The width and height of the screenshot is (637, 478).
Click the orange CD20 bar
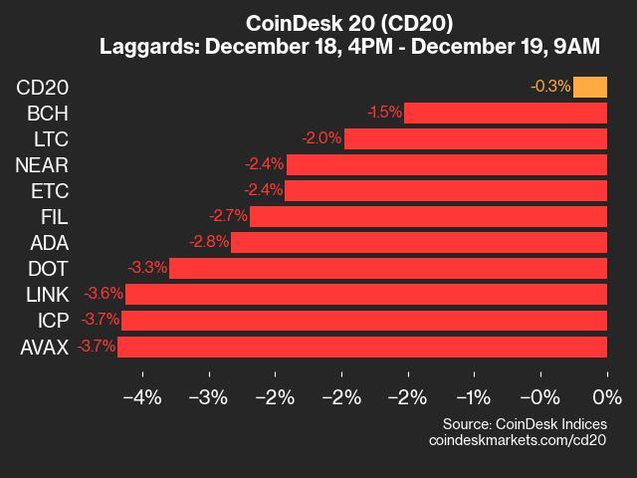(590, 87)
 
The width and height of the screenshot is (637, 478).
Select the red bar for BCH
(506, 113)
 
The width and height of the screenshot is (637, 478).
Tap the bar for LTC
(476, 138)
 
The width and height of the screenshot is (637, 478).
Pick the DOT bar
(388, 268)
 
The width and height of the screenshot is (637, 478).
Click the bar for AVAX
(362, 347)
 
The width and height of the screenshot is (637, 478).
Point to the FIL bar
(428, 216)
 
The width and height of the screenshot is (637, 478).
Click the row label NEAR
(42, 164)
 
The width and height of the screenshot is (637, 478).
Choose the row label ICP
(52, 321)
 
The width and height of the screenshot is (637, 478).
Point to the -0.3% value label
(550, 87)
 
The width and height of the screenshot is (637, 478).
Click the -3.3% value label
(147, 268)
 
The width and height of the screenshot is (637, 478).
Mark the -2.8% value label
(209, 242)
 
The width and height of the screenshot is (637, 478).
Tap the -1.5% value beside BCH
(384, 113)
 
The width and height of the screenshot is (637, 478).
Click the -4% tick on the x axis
(141, 398)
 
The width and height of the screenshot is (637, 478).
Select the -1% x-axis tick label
(474, 398)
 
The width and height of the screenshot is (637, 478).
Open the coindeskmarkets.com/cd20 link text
(517, 439)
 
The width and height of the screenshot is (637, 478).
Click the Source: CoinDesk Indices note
(525, 422)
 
